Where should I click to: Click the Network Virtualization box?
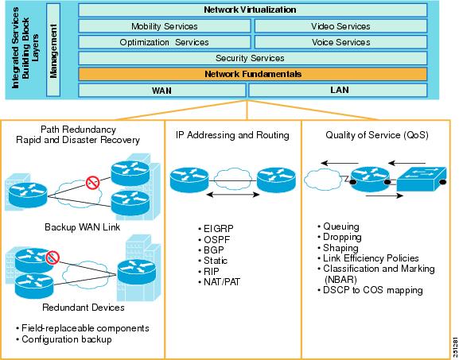pyautogui.click(x=253, y=10)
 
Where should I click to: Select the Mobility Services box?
pyautogui.click(x=165, y=26)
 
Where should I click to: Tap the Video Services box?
pyautogui.click(x=340, y=26)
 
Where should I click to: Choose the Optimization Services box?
pyautogui.click(x=165, y=42)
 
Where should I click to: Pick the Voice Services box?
pyautogui.click(x=340, y=42)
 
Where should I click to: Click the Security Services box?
pyautogui.click(x=253, y=58)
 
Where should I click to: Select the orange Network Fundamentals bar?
pyautogui.click(x=253, y=74)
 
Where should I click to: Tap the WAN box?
pyautogui.click(x=162, y=90)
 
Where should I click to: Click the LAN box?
pyautogui.click(x=338, y=90)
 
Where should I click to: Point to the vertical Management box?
pyautogui.click(x=53, y=50)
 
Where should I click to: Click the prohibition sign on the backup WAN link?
pyautogui.click(x=93, y=183)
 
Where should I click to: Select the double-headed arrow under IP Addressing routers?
pyautogui.click(x=233, y=195)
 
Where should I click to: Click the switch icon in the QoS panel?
pyautogui.click(x=422, y=179)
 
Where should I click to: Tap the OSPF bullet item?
pyautogui.click(x=214, y=239)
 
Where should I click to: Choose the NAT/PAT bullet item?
pyautogui.click(x=219, y=282)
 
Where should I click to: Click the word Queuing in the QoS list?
pyautogui.click(x=341, y=226)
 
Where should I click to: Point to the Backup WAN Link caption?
pyautogui.click(x=82, y=227)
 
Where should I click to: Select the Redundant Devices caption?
pyautogui.click(x=84, y=308)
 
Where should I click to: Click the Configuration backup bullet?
pyautogui.click(x=64, y=339)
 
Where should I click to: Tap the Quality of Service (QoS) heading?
pyautogui.click(x=377, y=135)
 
